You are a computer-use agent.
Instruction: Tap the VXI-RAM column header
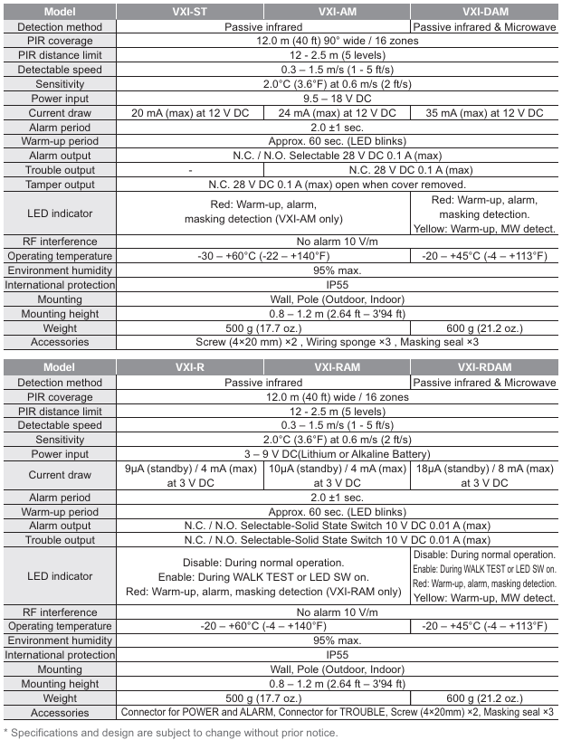(337, 368)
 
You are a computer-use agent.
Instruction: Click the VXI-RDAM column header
(484, 368)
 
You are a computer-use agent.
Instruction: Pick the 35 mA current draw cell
(484, 113)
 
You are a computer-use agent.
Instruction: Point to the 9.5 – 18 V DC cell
(337, 99)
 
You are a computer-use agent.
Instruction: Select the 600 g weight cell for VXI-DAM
(484, 327)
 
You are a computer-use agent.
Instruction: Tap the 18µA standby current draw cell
(484, 476)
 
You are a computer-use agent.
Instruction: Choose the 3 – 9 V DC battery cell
(337, 454)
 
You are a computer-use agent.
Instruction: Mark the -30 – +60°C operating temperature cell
(263, 256)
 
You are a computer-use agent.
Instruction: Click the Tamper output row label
(60, 185)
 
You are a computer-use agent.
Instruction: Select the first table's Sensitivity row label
(60, 84)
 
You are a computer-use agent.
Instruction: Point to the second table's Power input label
(60, 454)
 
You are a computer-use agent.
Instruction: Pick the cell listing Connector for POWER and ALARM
(337, 712)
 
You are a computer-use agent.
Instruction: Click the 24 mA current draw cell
(337, 113)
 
